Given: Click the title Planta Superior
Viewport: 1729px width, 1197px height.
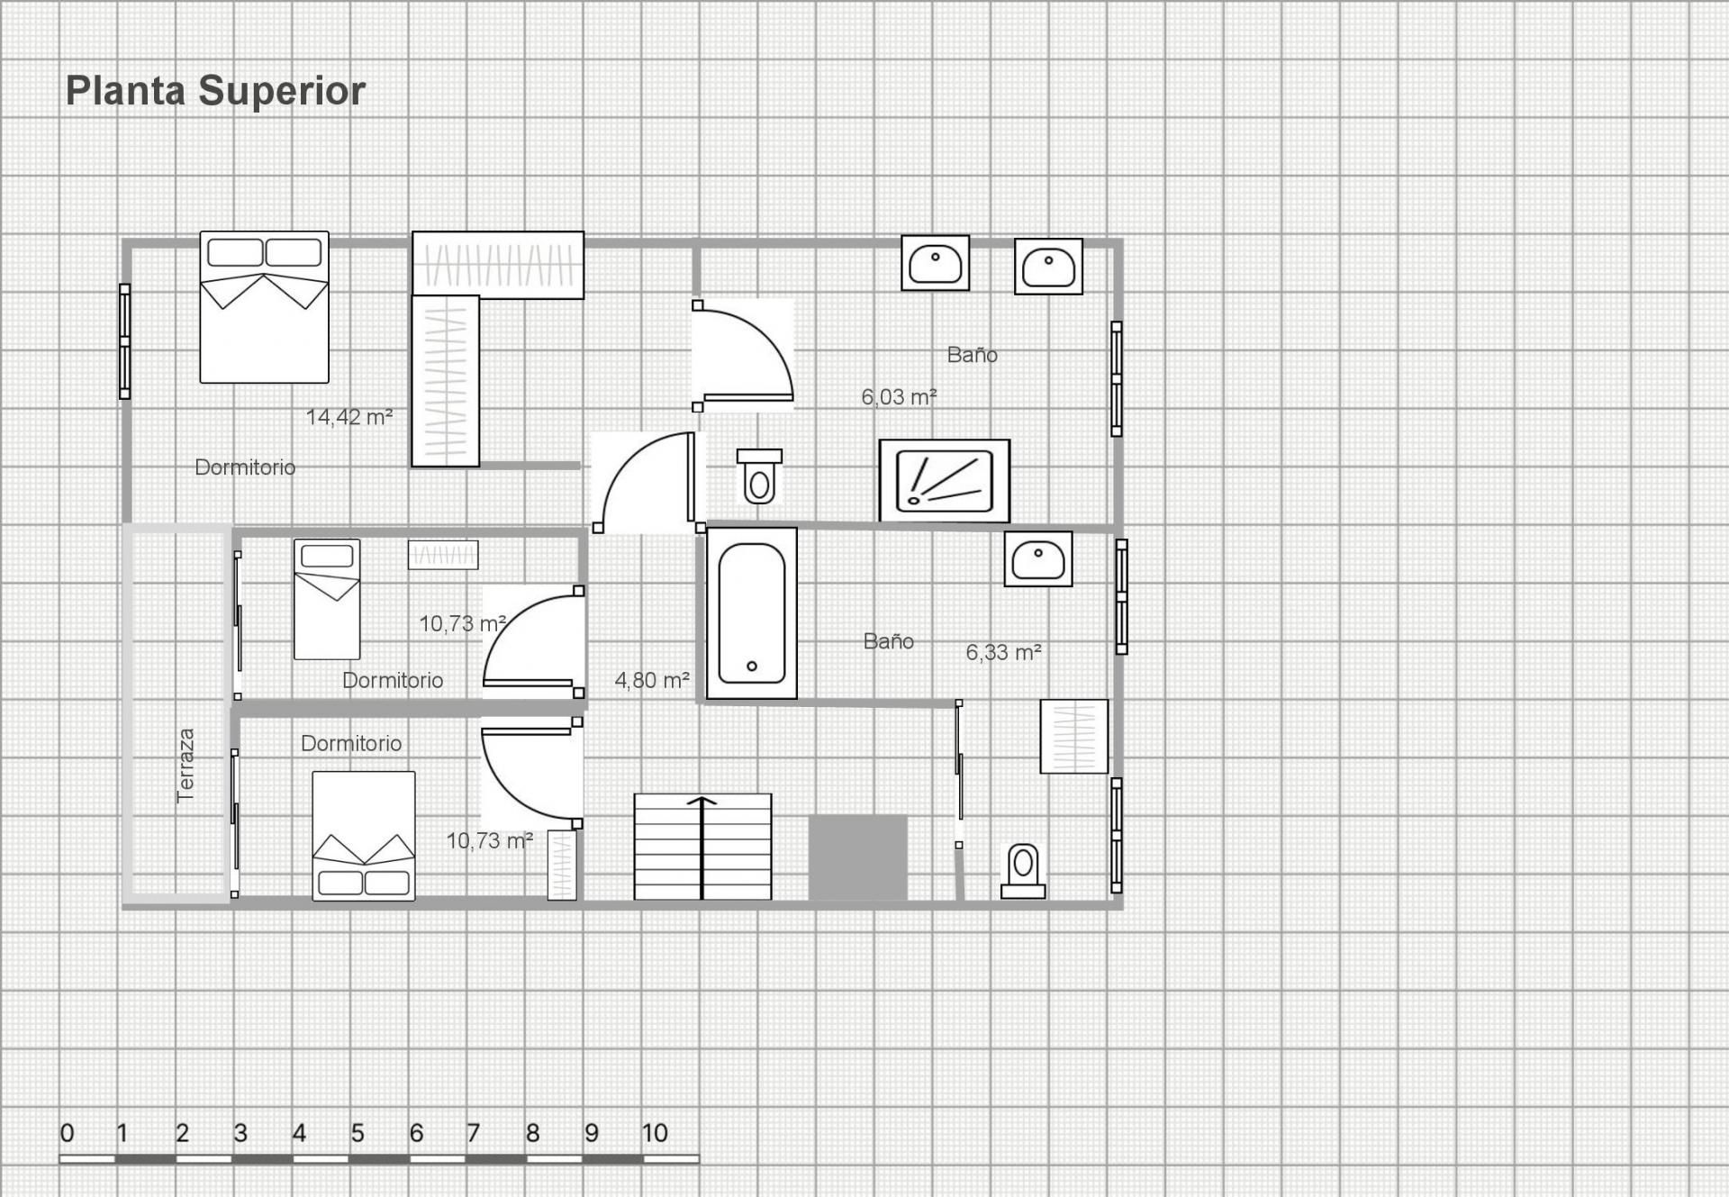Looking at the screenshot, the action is point(215,91).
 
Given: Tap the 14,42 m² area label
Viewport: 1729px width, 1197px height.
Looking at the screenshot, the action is point(349,417).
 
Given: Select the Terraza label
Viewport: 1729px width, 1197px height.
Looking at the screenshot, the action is point(186,766).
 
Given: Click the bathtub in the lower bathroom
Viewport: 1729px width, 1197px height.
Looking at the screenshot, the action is point(752,613).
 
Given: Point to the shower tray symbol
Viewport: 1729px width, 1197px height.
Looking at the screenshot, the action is point(945,481).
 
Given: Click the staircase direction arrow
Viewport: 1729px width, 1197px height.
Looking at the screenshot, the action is point(702,848).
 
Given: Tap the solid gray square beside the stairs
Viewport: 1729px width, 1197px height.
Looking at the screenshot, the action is point(857,857).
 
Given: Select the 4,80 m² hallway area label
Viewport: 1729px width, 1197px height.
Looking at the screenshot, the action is point(652,680).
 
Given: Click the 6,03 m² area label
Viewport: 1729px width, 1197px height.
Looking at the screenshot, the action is point(899,396).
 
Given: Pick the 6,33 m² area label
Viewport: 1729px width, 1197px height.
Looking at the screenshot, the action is point(1004,652).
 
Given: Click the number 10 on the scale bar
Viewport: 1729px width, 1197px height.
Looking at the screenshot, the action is point(655,1133).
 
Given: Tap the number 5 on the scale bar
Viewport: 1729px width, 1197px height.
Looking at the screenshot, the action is point(358,1133).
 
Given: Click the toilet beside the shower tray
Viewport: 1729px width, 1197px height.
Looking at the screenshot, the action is point(759,476).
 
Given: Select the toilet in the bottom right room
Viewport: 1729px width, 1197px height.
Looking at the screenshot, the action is point(1023,871).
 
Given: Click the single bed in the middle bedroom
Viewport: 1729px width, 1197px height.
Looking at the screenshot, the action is point(327,599).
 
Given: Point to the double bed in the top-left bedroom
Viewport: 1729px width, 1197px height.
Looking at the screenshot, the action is point(264,307).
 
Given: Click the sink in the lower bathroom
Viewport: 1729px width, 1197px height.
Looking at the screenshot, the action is point(1038,559).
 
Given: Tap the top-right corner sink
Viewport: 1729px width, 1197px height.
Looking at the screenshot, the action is point(1048,267).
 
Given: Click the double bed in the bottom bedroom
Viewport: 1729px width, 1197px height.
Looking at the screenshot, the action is point(364,836).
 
